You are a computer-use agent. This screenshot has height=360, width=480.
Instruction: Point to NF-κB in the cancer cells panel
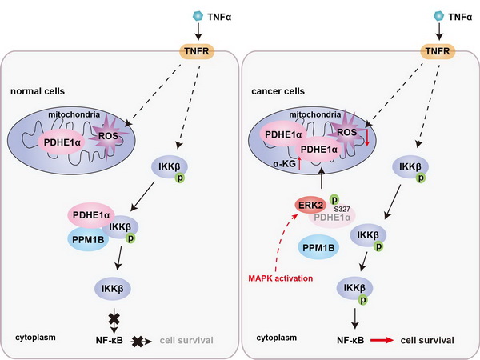[350, 340]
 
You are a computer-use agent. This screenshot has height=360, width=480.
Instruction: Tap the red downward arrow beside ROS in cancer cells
[367, 142]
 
